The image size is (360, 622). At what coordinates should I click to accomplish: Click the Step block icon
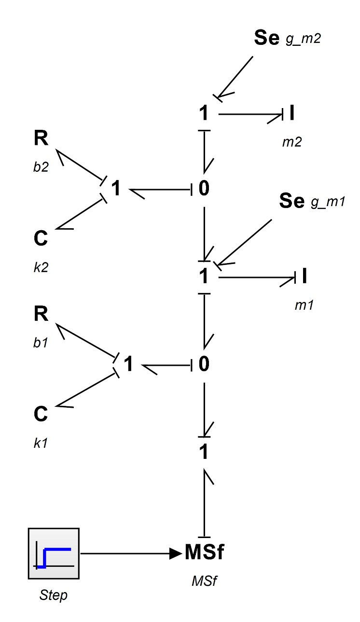(54, 553)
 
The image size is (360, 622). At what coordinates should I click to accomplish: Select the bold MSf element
(204, 552)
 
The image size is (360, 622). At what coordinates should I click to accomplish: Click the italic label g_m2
(303, 39)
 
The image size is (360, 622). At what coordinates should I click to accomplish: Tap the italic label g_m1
(328, 202)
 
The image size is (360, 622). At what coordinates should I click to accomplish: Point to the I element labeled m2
(291, 113)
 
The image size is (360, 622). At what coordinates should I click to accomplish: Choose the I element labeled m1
(305, 276)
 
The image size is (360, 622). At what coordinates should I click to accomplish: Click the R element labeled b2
(41, 138)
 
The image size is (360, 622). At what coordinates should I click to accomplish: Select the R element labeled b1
(41, 314)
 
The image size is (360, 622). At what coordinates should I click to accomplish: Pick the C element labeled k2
(41, 238)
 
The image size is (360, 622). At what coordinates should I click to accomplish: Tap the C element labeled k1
(41, 414)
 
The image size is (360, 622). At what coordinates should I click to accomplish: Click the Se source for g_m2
(267, 38)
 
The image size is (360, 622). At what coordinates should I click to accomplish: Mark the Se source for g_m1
(291, 200)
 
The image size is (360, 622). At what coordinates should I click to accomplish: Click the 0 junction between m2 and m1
(204, 188)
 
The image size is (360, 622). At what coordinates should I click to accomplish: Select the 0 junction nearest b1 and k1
(204, 364)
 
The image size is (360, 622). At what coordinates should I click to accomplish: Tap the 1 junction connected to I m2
(204, 113)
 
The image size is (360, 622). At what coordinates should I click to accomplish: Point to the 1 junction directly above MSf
(204, 452)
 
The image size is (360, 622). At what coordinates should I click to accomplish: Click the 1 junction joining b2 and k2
(116, 188)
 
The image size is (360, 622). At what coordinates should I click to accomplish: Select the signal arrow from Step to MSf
(131, 553)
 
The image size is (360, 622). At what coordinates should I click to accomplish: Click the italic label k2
(41, 267)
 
